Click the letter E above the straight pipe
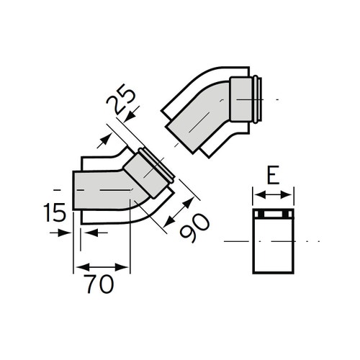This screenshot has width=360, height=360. tap(273, 176)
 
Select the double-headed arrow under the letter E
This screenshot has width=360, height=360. tap(273, 193)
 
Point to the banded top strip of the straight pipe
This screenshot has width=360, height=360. tap(273, 216)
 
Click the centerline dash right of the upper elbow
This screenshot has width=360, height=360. tap(276, 98)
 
